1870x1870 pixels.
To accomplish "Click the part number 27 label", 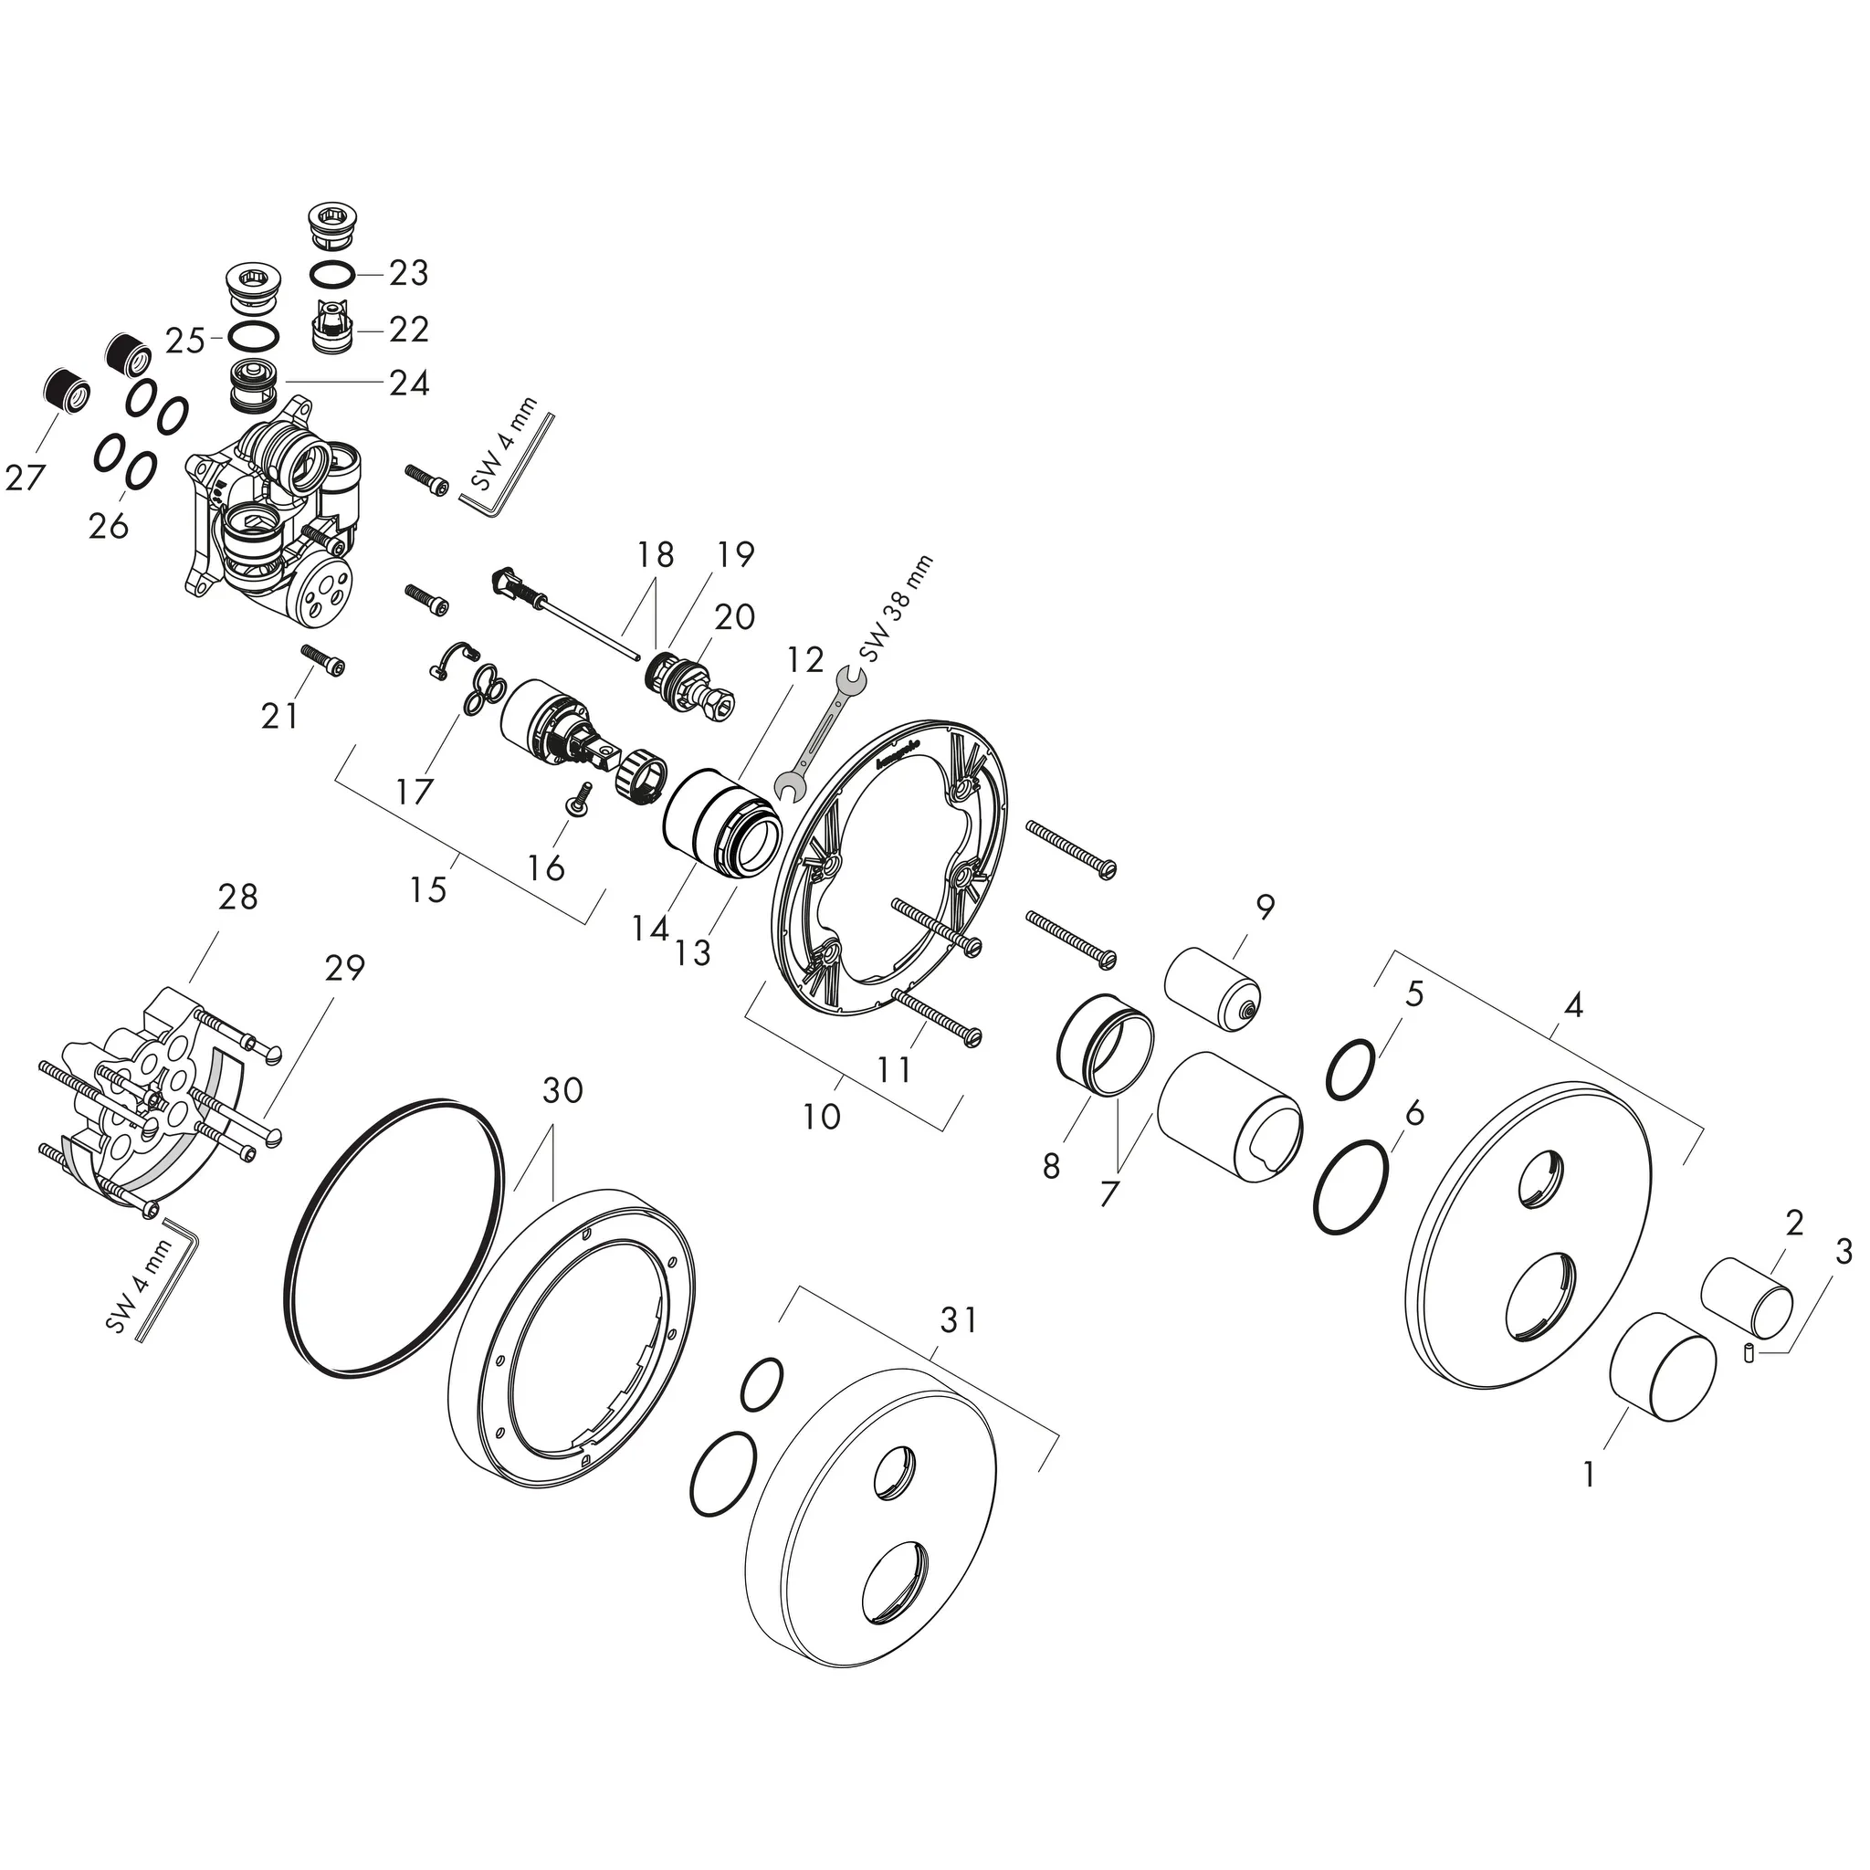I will [x=25, y=478].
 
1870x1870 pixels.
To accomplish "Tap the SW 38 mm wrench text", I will [x=898, y=609].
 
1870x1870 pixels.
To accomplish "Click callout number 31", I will [x=958, y=1320].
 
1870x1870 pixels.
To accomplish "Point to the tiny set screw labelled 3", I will [x=1749, y=1353].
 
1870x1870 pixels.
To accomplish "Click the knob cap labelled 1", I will [x=1662, y=1366].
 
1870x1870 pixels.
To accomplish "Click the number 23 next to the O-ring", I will [x=408, y=274].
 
